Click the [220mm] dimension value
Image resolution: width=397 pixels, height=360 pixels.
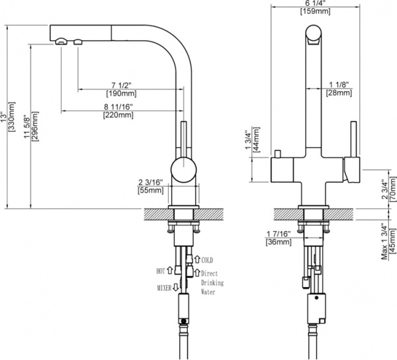tap(118, 116)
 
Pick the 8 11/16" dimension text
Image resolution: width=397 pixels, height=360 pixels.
tap(118, 107)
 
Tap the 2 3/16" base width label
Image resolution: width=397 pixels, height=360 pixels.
tap(150, 181)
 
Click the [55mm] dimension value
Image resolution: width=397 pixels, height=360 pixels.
tap(150, 191)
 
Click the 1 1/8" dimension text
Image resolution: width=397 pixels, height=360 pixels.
tap(339, 85)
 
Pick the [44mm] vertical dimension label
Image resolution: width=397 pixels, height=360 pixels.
tap(259, 140)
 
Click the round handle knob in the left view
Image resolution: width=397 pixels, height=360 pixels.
tap(183, 170)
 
